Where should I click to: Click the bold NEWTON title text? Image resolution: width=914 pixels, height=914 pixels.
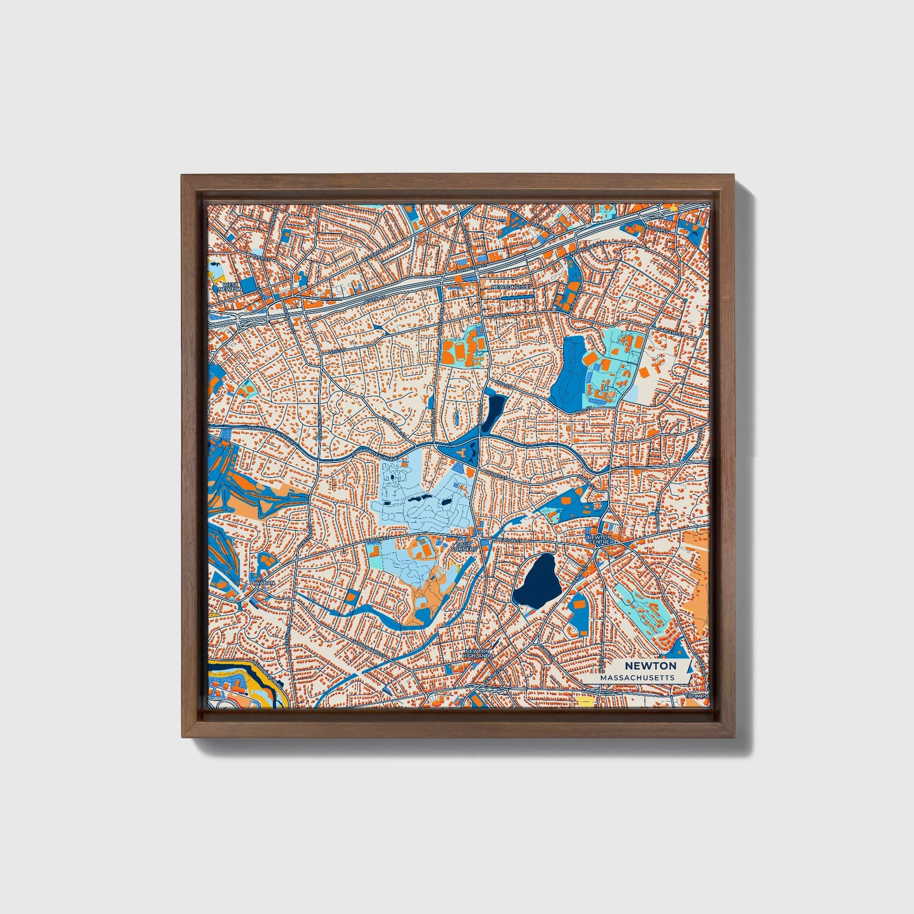pyautogui.click(x=650, y=665)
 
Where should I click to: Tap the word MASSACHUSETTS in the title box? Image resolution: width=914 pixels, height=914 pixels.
pyautogui.click(x=637, y=677)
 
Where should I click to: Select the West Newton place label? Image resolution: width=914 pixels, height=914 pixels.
pyautogui.click(x=230, y=287)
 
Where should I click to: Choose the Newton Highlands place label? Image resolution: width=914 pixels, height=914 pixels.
pyautogui.click(x=478, y=654)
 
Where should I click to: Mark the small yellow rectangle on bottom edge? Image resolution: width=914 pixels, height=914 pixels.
pyautogui.click(x=586, y=701)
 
